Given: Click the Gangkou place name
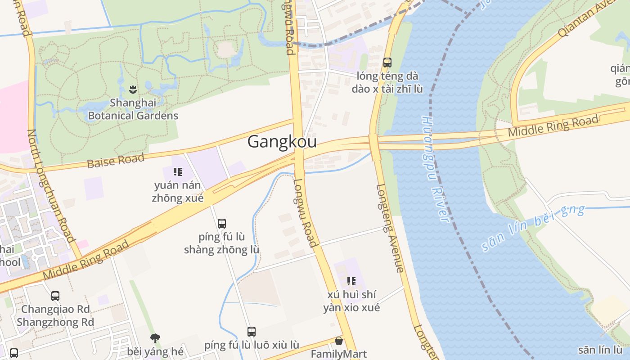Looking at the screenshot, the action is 282,142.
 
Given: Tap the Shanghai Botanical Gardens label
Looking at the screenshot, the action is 133,109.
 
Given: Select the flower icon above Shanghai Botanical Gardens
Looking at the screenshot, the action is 133,89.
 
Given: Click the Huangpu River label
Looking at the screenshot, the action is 435,169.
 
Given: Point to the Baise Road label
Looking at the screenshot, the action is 116,160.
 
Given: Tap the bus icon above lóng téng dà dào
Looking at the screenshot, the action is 387,63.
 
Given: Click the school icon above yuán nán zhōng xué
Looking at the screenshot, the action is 178,171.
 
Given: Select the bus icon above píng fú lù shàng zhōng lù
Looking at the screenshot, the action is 221,223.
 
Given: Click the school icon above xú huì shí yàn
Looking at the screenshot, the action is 351,281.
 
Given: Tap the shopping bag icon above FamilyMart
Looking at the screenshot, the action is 339,341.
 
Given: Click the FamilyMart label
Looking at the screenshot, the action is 339,354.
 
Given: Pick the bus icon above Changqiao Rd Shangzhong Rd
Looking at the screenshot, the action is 55,296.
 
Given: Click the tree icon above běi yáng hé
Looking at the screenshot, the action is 155,338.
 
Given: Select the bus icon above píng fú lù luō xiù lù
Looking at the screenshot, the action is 252,332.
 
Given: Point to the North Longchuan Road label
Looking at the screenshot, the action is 50,185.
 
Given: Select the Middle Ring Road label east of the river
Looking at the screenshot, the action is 553,126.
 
